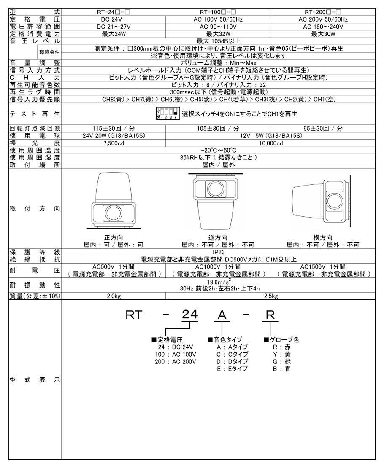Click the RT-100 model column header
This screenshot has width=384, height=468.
218,12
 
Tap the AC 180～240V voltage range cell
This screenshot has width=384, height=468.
323,27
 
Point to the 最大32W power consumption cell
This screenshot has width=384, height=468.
218,34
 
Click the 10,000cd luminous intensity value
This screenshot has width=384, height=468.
270,143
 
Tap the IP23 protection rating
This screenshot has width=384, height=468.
219,252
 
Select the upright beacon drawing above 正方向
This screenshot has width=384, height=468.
113,200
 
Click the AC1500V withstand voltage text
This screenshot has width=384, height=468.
323,267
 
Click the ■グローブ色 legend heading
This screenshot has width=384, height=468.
281,339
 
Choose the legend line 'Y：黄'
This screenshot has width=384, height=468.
282,354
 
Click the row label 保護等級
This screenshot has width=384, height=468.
35,252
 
